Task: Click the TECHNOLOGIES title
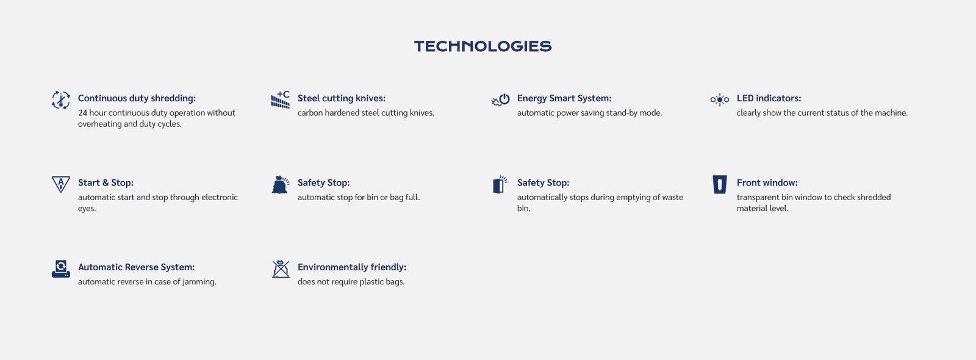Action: click(x=483, y=46)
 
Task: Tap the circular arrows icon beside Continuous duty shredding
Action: click(x=60, y=100)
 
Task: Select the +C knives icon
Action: click(x=280, y=100)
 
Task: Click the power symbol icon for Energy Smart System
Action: click(x=500, y=100)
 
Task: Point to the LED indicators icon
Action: click(x=720, y=100)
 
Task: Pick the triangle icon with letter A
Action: click(x=60, y=184)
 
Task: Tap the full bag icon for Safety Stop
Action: click(x=280, y=184)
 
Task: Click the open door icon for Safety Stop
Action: click(x=500, y=184)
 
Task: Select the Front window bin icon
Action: click(x=720, y=184)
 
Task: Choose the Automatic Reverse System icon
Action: click(x=60, y=269)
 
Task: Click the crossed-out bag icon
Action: click(x=280, y=269)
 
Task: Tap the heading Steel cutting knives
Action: click(x=342, y=98)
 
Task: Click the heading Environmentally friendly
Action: click(x=351, y=267)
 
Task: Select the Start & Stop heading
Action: click(x=106, y=182)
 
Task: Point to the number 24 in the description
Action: click(x=82, y=113)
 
